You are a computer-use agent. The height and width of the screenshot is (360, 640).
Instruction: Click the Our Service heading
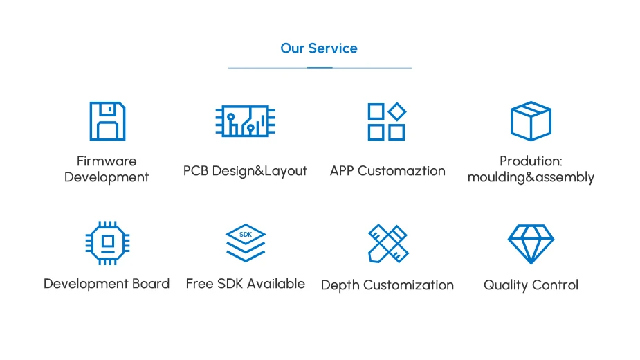(319, 48)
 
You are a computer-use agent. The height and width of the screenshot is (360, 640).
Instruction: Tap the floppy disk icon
(107, 121)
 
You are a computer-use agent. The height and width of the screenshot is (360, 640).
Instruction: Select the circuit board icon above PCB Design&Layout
(245, 121)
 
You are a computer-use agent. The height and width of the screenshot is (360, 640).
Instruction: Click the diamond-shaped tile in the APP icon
(396, 111)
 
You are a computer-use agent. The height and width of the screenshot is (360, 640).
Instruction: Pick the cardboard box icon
(531, 121)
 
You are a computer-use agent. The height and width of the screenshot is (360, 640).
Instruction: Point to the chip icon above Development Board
(107, 243)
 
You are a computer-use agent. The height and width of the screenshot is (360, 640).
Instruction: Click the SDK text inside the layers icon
(246, 235)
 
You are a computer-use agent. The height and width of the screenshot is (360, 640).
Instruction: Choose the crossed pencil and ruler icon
(387, 243)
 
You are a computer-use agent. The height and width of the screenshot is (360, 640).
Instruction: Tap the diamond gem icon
(531, 243)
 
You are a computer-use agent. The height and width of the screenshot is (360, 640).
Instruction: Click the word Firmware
(107, 161)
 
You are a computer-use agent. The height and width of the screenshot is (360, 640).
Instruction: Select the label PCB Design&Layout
(245, 170)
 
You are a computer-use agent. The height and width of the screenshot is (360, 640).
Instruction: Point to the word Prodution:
(531, 161)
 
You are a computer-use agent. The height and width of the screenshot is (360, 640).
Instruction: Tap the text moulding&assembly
(531, 177)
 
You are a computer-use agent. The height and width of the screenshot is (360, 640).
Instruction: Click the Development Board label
(107, 284)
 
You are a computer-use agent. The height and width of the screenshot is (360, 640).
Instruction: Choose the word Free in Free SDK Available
(199, 284)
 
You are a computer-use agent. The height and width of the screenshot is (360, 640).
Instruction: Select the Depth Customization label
(387, 285)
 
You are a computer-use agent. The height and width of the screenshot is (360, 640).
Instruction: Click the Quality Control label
(531, 285)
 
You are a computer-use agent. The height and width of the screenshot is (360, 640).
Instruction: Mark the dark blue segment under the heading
(320, 68)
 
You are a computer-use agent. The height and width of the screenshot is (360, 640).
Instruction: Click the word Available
(276, 284)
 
